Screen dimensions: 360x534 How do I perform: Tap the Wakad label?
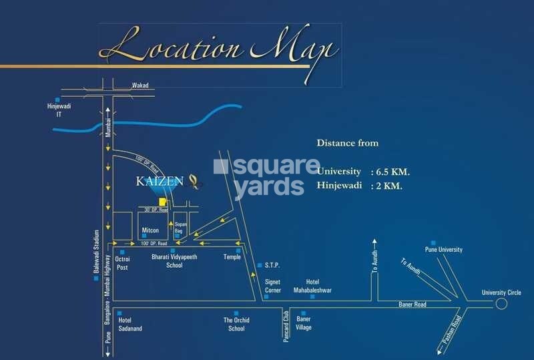pos(140,85)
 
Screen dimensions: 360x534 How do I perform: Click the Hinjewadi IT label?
pos(54,110)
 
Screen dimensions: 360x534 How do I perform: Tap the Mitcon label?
pos(150,230)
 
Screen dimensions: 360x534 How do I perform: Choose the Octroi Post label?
pos(122,262)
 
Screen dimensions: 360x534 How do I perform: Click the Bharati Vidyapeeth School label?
pos(174,261)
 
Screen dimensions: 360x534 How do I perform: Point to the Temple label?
pos(232,257)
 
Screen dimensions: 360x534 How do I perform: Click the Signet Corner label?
pos(272,286)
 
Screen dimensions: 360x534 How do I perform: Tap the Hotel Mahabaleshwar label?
pos(312,286)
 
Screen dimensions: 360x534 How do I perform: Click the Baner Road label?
pos(413,305)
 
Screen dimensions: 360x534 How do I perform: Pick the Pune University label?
pos(446,250)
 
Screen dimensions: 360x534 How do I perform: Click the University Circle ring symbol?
pos(501,304)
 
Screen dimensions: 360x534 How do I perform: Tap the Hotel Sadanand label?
pos(129,324)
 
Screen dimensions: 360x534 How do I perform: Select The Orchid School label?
pos(236,324)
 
